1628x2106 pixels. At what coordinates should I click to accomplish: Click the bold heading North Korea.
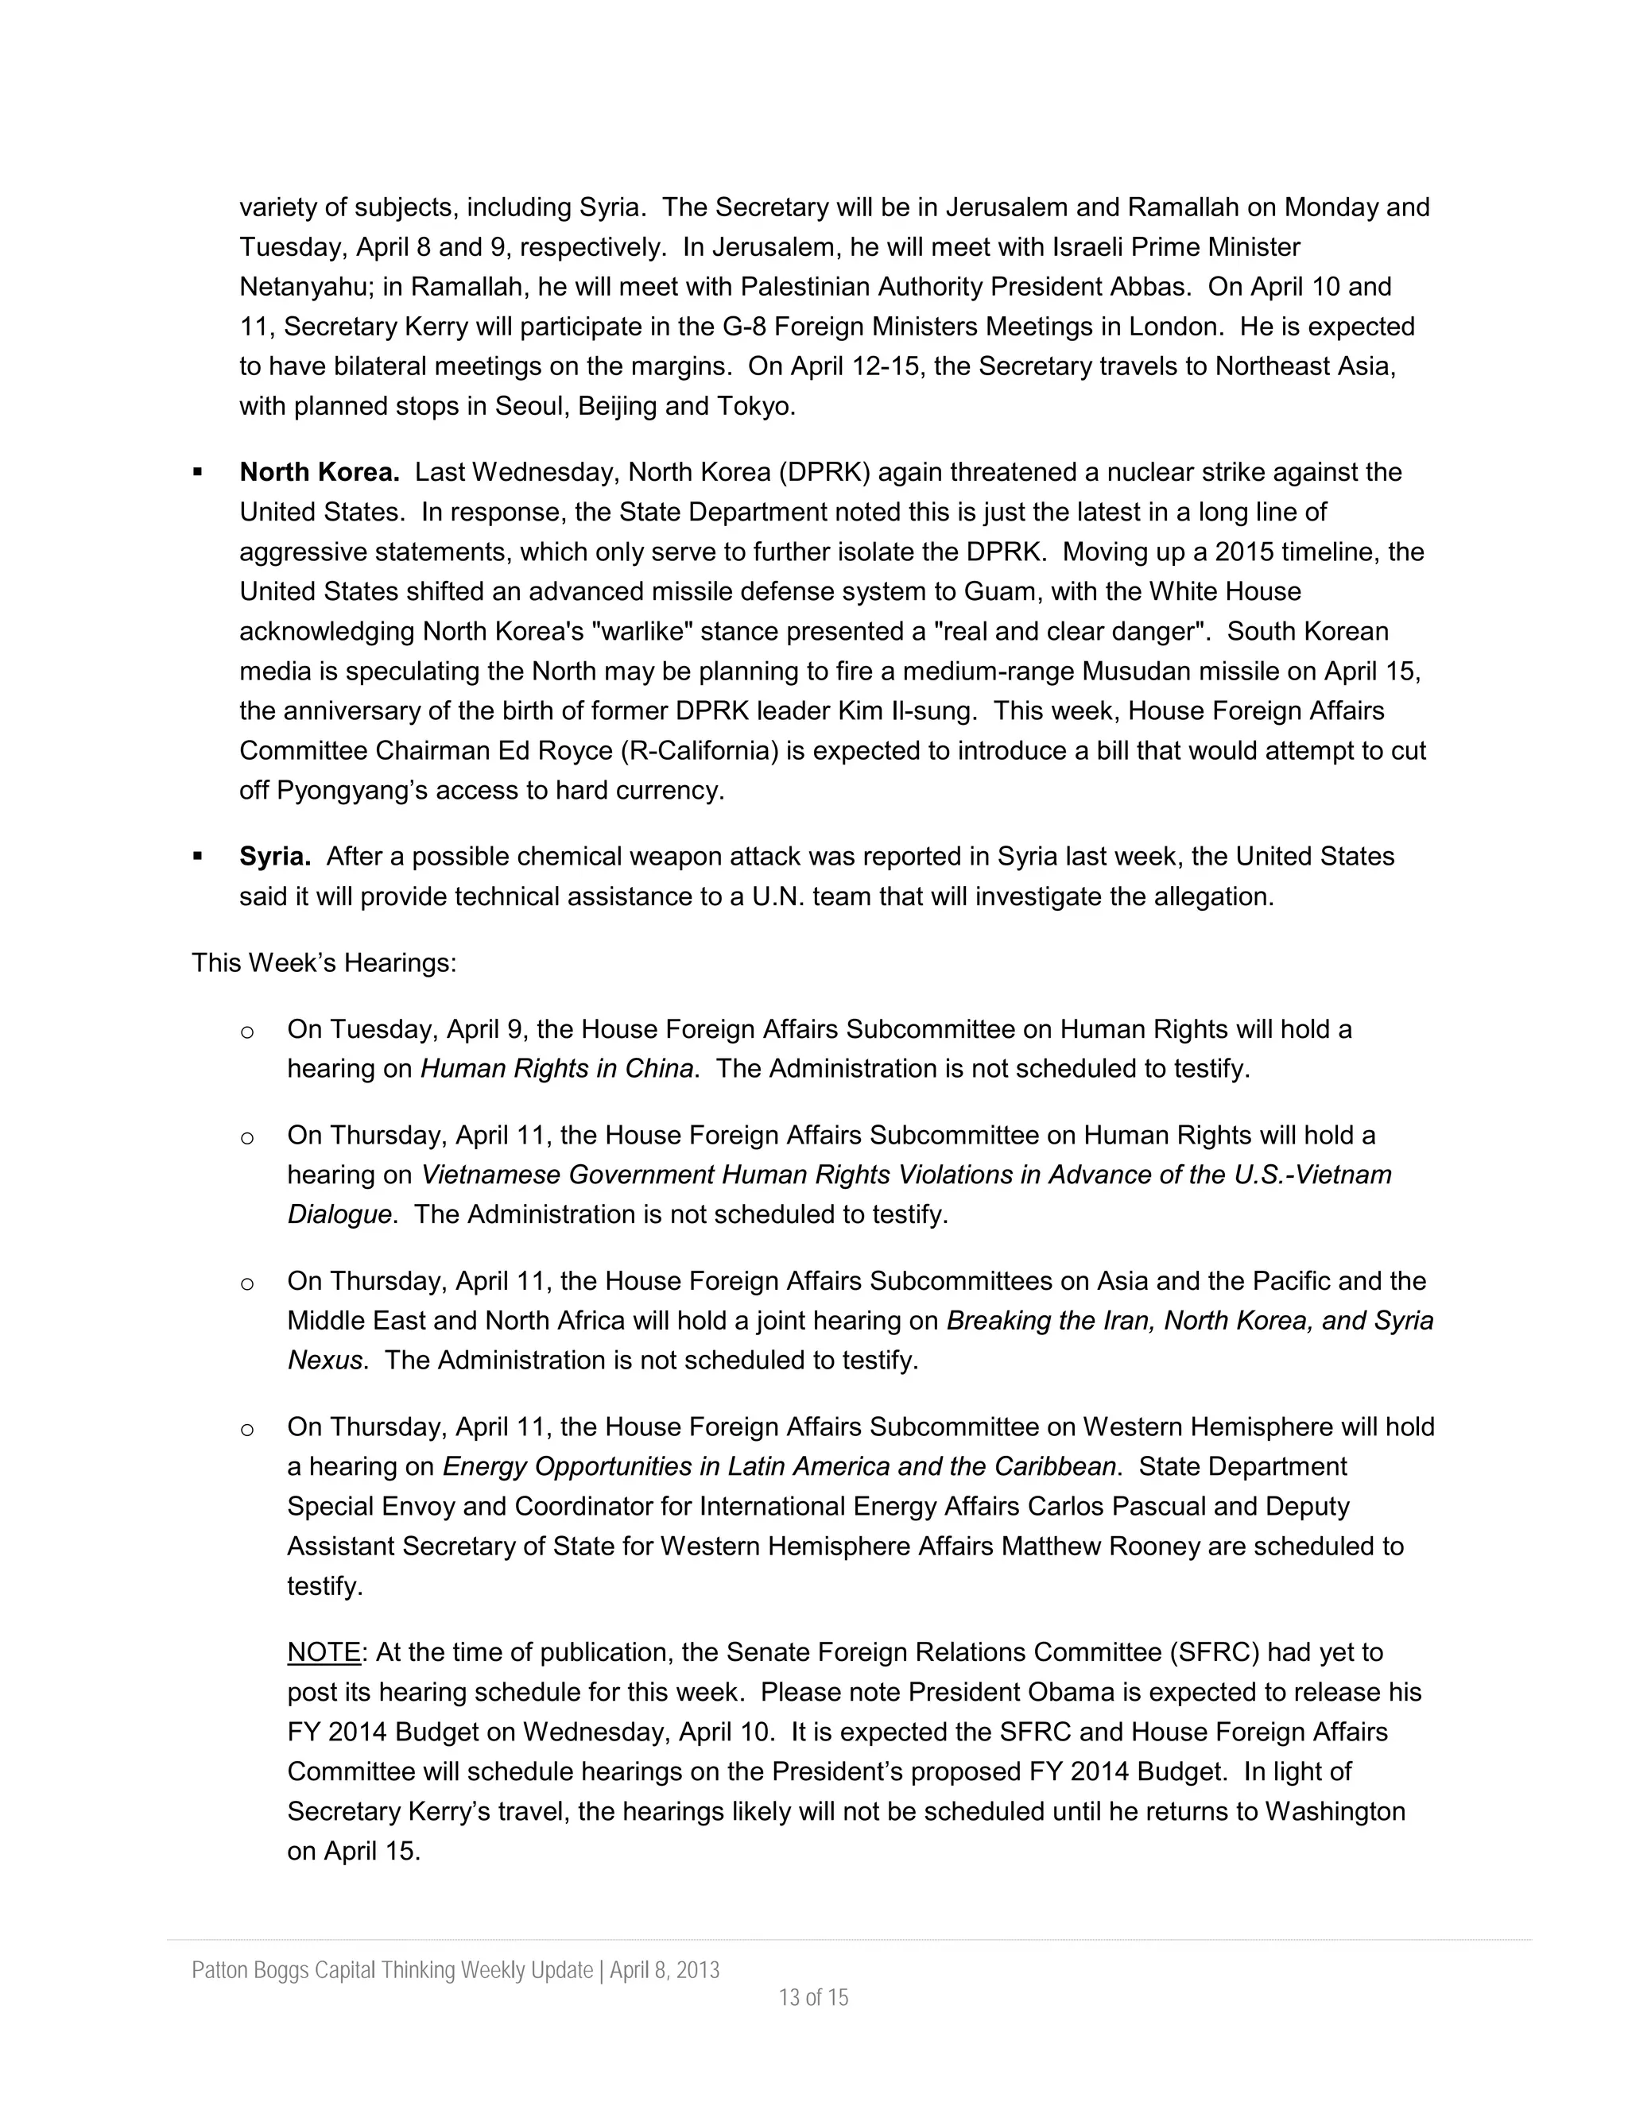pyautogui.click(x=320, y=473)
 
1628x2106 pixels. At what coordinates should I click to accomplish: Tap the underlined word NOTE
pyautogui.click(x=323, y=1652)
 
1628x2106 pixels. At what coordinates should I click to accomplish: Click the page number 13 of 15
pyautogui.click(x=813, y=1997)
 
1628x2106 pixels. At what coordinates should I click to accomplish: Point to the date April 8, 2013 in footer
pyautogui.click(x=665, y=1970)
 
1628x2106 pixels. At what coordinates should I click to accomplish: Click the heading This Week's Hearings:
pyautogui.click(x=324, y=962)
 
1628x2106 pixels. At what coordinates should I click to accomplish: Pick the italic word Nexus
pyautogui.click(x=326, y=1360)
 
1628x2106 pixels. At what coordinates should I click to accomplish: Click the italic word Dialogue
pyautogui.click(x=339, y=1214)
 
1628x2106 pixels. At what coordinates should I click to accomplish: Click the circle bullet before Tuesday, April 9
pyautogui.click(x=247, y=1031)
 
